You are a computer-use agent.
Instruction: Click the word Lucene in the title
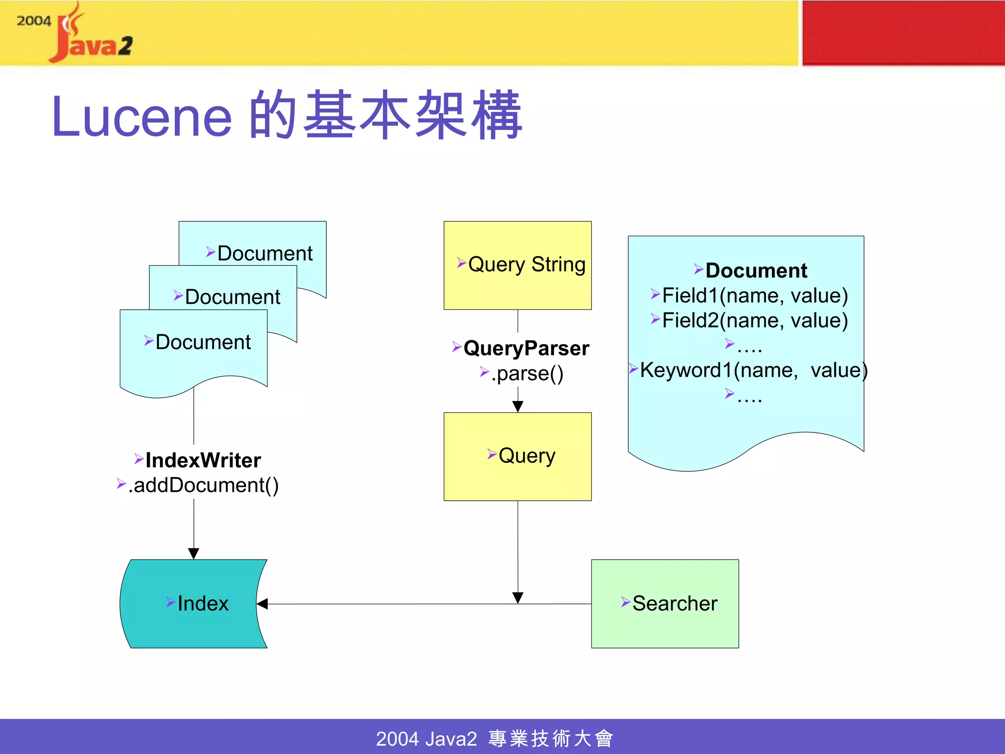click(141, 117)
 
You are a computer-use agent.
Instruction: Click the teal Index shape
click(194, 603)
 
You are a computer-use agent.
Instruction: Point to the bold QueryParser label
click(526, 348)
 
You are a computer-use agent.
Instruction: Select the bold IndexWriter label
click(203, 460)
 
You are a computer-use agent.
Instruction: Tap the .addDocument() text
click(203, 485)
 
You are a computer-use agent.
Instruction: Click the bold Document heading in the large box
click(756, 270)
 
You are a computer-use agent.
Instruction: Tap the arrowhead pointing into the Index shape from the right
click(262, 604)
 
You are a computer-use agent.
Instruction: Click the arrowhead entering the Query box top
click(518, 406)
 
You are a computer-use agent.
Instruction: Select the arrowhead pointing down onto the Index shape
click(194, 554)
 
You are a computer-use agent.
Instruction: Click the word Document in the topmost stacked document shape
click(264, 253)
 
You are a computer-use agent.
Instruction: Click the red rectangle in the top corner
click(903, 32)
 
